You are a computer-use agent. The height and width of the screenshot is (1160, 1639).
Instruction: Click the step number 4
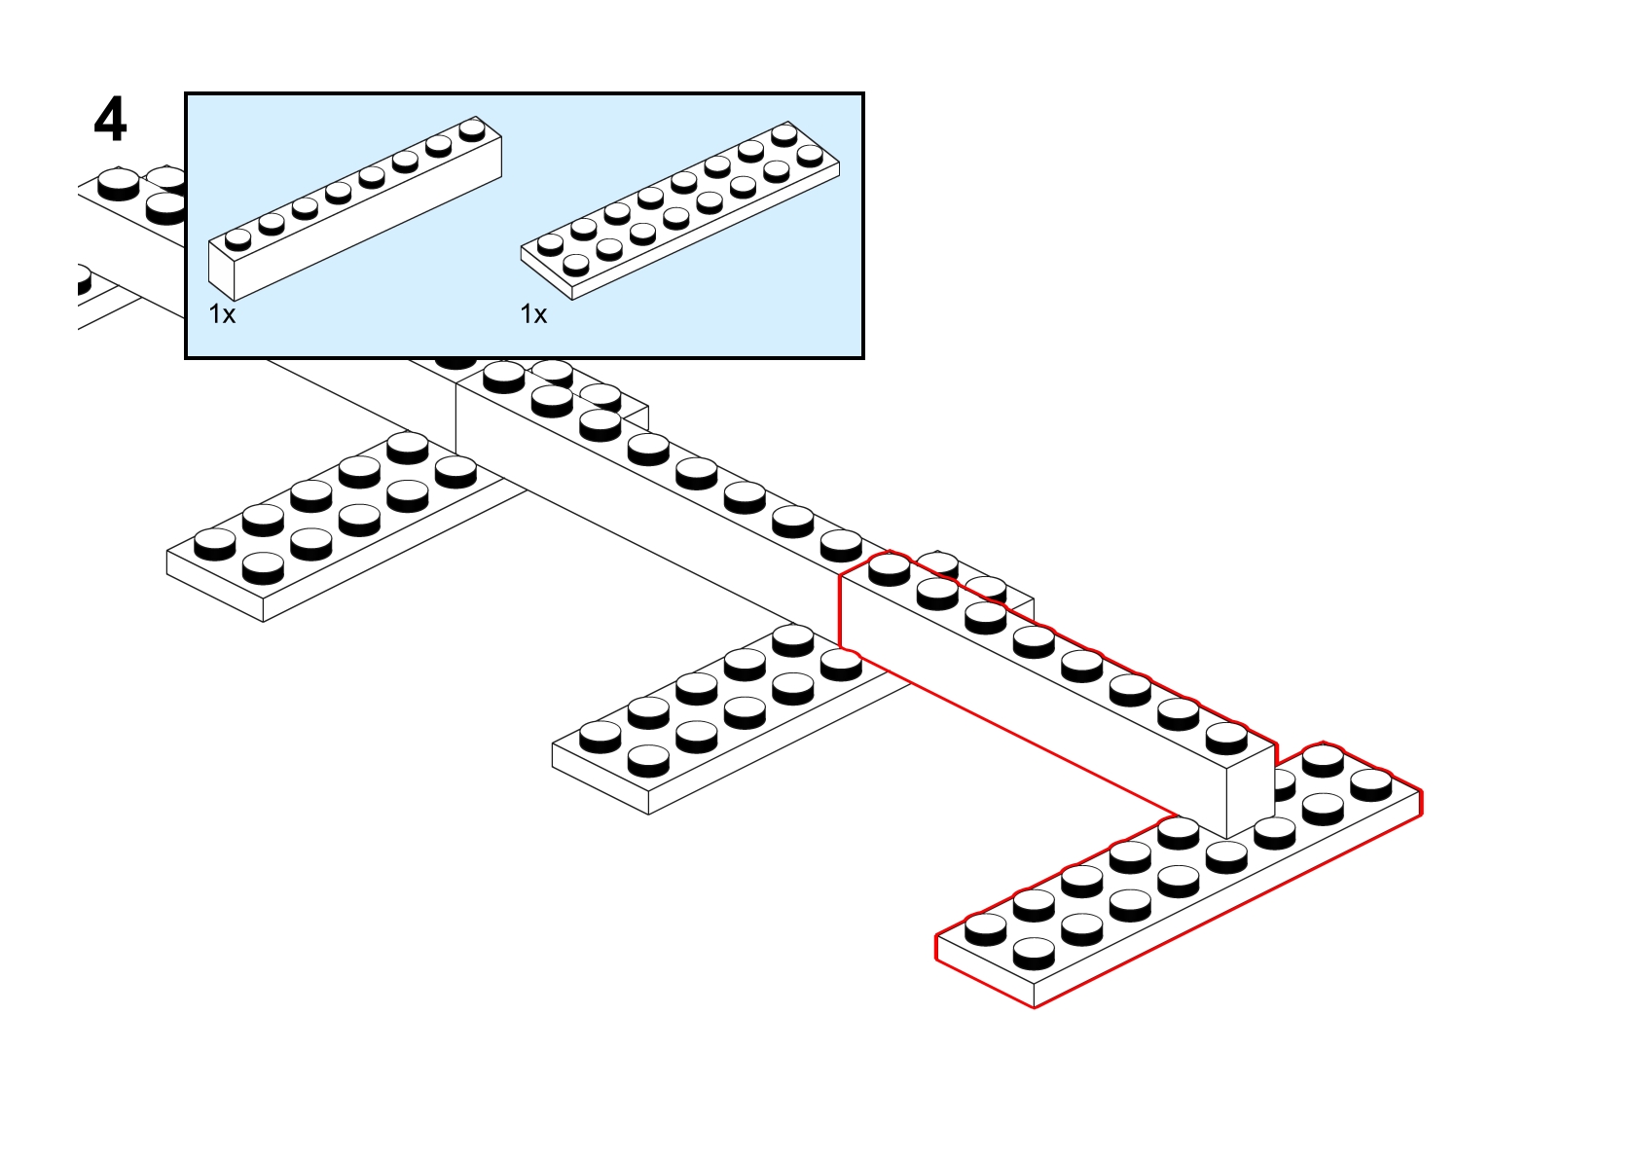point(110,121)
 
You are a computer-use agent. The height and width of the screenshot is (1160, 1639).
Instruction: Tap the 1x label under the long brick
point(222,314)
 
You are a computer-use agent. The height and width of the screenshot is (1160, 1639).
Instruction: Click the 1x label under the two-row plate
point(533,314)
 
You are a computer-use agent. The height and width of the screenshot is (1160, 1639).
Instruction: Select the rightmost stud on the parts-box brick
point(473,128)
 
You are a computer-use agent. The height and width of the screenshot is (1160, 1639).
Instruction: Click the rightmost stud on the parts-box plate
point(810,154)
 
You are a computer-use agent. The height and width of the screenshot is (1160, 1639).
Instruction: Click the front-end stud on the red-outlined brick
point(1226,736)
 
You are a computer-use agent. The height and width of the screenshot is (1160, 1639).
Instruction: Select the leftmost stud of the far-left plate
point(214,541)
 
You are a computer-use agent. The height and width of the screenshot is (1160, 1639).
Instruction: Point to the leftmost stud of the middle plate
point(600,734)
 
